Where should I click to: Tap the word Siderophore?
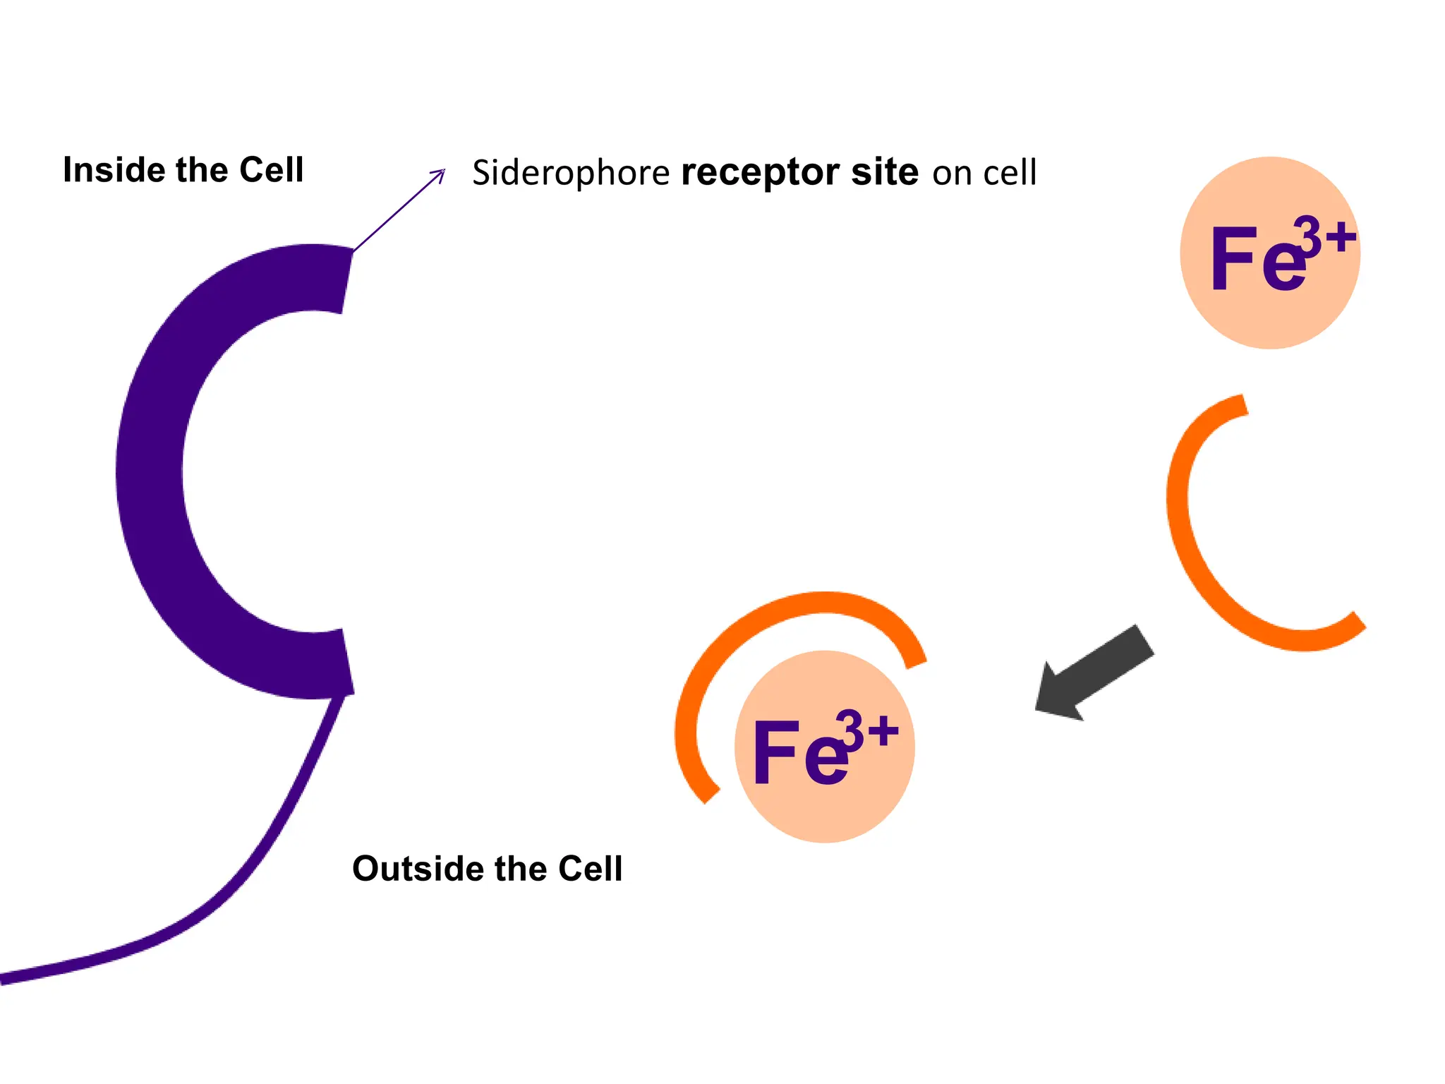[x=570, y=173]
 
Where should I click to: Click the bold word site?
[x=885, y=172]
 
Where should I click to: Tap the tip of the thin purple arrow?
[x=444, y=170]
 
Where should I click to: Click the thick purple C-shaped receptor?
[x=152, y=473]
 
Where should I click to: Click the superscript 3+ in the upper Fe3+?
[x=1326, y=237]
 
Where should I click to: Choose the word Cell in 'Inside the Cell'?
[x=271, y=170]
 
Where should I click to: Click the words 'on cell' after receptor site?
[x=984, y=174]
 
